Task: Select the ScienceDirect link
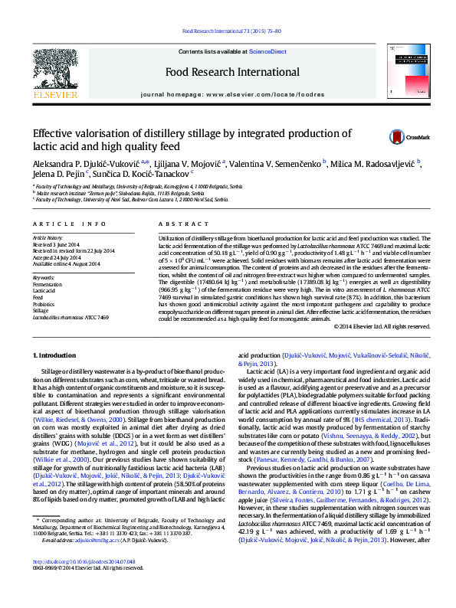pyautogui.click(x=267, y=51)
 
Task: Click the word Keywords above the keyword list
pyautogui.click(x=44, y=277)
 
